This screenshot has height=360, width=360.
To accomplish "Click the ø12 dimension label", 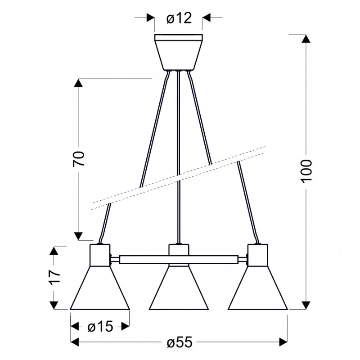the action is (179, 18).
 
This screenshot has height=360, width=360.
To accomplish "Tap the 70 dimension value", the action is (78, 159).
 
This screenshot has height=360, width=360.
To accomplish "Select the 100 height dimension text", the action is (306, 171).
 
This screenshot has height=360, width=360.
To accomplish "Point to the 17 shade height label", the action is (54, 277).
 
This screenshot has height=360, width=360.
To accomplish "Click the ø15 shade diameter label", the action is (100, 326).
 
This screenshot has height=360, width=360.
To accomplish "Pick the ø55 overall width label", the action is (180, 342).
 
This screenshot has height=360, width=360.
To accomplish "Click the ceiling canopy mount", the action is (178, 52).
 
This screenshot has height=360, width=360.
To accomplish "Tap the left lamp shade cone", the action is (100, 288).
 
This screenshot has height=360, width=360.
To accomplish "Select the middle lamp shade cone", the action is (179, 288).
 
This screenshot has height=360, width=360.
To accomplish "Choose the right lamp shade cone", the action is (258, 288).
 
